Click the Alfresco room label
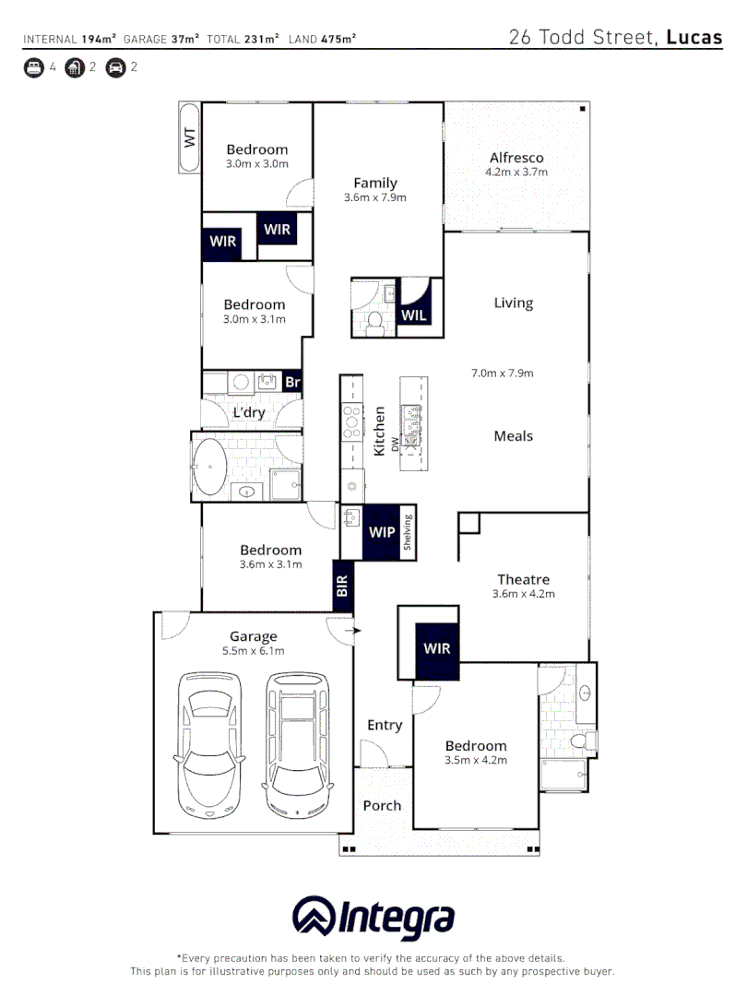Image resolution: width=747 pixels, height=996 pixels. coord(516,158)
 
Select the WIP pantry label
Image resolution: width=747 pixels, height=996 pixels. coord(381,532)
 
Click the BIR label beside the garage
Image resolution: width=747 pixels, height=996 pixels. coord(342,587)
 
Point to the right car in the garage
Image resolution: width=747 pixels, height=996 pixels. coord(297,743)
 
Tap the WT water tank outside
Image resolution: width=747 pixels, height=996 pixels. coord(189,138)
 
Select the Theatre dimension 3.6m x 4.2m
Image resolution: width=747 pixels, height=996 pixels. coord(523,594)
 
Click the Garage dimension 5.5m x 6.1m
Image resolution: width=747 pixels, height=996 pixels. coord(253,650)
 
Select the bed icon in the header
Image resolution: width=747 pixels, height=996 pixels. coord(33,67)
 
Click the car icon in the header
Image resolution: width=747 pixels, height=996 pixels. coord(115,67)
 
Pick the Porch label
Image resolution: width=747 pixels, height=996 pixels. coord(382,805)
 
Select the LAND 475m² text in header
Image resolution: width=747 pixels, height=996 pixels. coord(323,39)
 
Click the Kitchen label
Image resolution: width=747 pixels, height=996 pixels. coord(378,431)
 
